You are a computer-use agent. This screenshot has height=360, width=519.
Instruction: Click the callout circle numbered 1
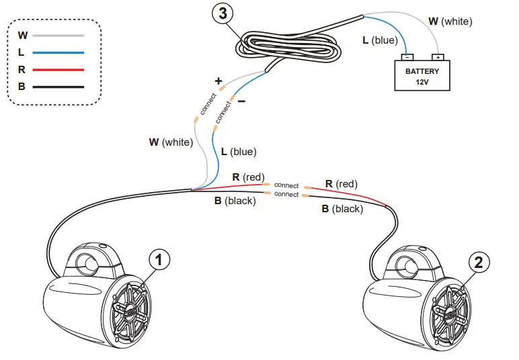point(159,259)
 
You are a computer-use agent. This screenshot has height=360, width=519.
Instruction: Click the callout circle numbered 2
point(478,262)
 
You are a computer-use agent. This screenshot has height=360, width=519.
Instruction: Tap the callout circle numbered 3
point(223,12)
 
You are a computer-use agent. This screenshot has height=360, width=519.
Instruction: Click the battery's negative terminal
point(407,57)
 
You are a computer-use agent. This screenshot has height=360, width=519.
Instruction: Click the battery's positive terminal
point(438,57)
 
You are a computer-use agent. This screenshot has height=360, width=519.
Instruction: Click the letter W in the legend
point(23,35)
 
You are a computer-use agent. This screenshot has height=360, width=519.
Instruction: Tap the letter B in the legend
point(22,87)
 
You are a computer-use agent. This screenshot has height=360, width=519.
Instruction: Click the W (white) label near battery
point(450,21)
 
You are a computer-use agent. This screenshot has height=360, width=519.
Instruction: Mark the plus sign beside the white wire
point(218,81)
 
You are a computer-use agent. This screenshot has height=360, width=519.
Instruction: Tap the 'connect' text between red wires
point(286,185)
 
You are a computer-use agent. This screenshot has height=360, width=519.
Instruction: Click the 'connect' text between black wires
point(286,194)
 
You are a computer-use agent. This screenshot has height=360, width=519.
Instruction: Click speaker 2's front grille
point(448,313)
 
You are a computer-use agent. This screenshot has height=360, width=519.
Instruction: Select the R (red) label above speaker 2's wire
point(341,183)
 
